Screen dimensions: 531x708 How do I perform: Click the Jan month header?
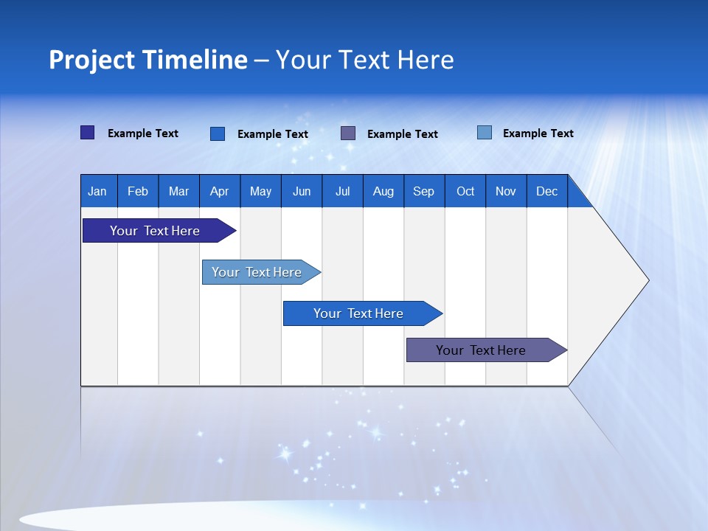click(98, 191)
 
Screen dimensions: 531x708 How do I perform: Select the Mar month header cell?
click(178, 191)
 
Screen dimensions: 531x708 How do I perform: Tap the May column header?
click(260, 191)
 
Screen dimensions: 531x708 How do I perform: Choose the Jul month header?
click(342, 191)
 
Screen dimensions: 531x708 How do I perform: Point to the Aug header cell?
click(383, 191)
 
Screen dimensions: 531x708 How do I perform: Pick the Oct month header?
click(465, 191)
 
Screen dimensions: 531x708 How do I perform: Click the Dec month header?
click(546, 191)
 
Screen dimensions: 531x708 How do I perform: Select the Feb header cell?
click(138, 191)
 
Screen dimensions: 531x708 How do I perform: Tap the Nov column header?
click(505, 191)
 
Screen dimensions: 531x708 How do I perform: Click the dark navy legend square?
click(87, 133)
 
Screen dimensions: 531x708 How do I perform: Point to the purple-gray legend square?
click(348, 133)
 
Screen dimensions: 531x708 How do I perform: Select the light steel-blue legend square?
click(485, 133)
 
